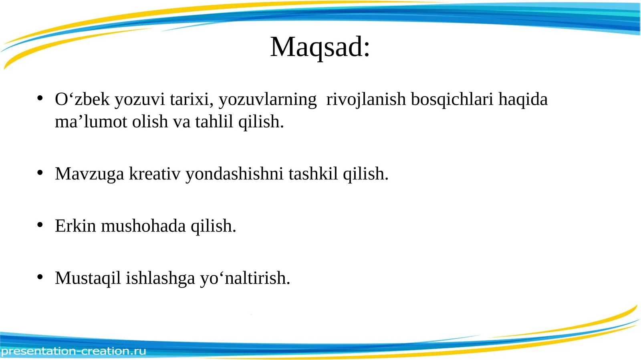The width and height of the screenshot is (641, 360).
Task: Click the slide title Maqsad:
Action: (320, 47)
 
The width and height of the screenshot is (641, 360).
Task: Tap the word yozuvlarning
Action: (268, 99)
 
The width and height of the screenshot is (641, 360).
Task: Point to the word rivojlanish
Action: (366, 99)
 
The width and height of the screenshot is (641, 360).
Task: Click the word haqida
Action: (523, 99)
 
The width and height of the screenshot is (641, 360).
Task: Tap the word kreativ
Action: (155, 174)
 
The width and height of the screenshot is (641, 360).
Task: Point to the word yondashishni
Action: (234, 174)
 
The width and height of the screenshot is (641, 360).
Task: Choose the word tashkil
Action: (313, 174)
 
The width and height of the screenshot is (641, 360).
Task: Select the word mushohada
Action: (143, 226)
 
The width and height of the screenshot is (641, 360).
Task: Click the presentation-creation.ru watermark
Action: (74, 351)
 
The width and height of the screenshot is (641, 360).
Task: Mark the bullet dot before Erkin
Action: (40, 225)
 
